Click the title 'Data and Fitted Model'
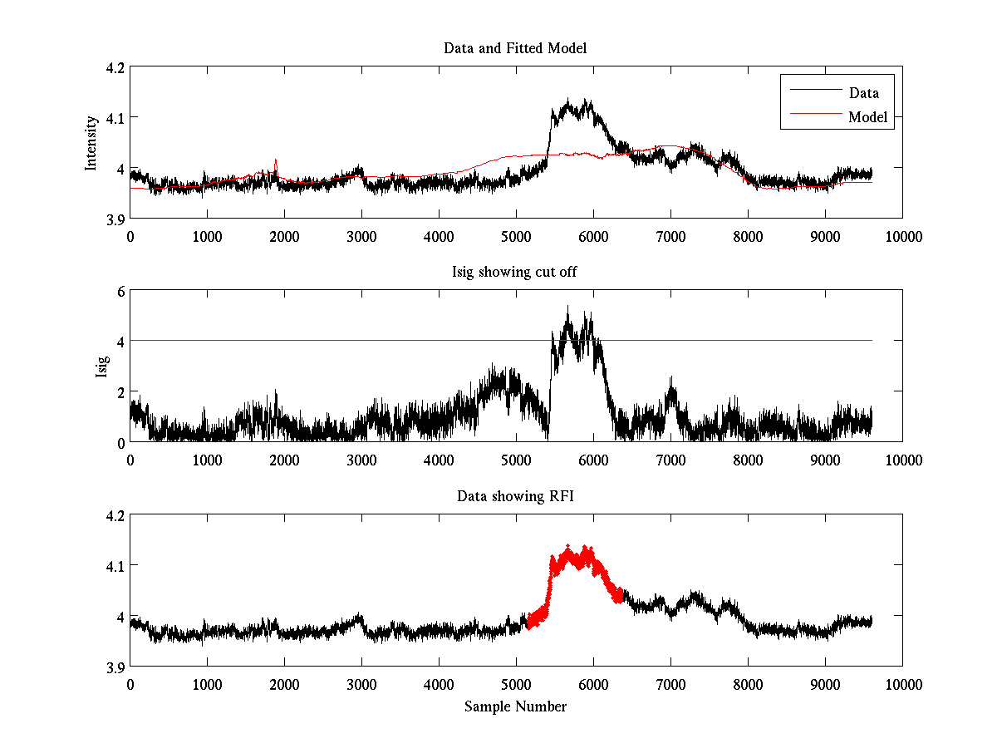[515, 48]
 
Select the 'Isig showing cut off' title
[515, 273]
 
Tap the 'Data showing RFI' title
[515, 496]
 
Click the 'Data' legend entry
[863, 92]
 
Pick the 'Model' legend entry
[867, 117]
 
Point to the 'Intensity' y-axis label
[91, 143]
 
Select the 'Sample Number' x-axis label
[515, 706]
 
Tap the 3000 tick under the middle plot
[361, 460]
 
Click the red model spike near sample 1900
[276, 161]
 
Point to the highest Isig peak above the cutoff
[567, 308]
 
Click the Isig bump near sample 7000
[671, 380]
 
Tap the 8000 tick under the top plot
[748, 236]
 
